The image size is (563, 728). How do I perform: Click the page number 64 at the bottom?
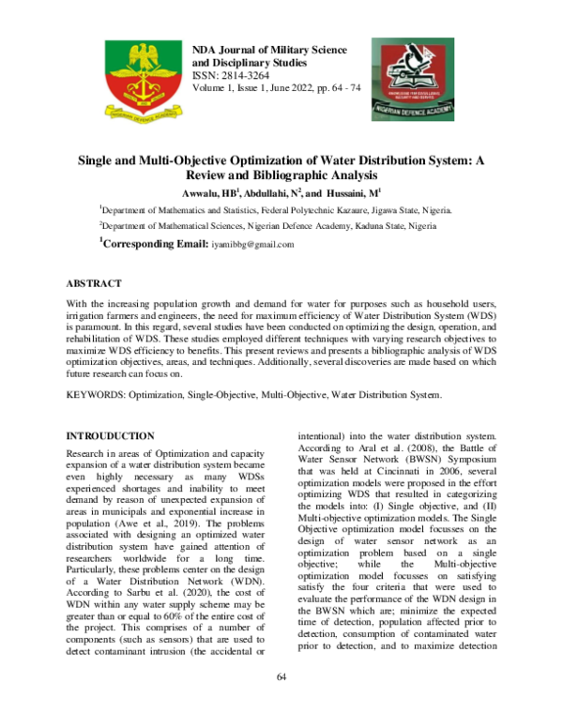coord(281,677)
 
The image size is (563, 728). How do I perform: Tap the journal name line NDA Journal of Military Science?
coord(269,49)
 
